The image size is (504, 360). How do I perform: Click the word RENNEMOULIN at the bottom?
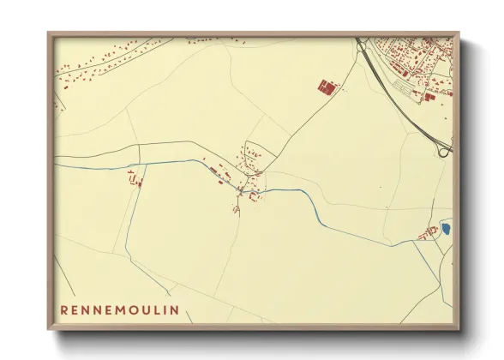[x=119, y=309]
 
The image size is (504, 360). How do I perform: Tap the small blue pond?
[x=445, y=228]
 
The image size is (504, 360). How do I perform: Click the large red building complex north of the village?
[x=326, y=87]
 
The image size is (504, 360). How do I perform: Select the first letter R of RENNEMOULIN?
[x=65, y=309]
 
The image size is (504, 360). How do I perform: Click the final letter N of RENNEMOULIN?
[x=175, y=309]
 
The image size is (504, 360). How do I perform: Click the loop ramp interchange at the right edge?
[x=444, y=151]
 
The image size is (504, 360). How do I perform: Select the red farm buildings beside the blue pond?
[x=426, y=233]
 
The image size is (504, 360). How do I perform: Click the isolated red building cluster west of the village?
[x=133, y=178]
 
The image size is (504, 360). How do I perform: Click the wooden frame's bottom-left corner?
[x=50, y=329]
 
